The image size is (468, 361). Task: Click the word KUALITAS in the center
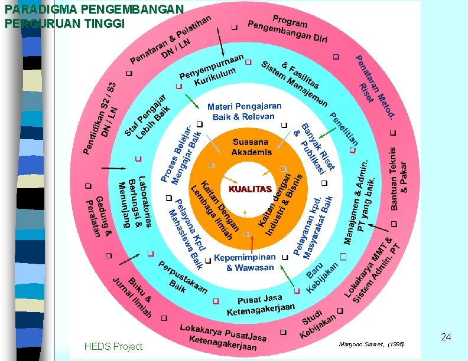click(249, 189)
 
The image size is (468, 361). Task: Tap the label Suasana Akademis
click(251, 147)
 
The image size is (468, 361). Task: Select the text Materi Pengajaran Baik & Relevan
click(244, 111)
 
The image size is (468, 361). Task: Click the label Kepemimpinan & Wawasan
click(245, 262)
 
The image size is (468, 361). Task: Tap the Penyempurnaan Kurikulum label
click(210, 70)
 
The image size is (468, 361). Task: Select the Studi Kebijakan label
click(318, 324)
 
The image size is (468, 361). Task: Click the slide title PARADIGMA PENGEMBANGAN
click(95, 10)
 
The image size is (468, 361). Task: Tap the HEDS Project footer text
click(113, 346)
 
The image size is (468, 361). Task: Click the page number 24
click(446, 337)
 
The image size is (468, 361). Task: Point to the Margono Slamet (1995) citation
click(372, 343)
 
